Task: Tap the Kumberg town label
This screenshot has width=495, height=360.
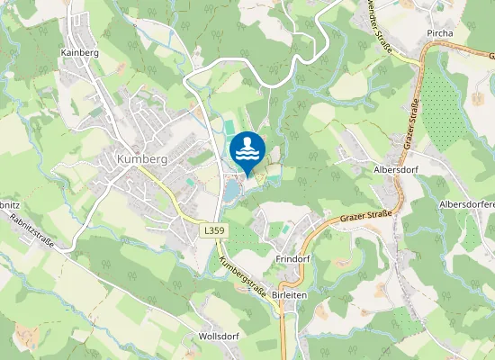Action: (x=142, y=158)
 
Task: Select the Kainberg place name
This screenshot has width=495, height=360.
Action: (x=78, y=53)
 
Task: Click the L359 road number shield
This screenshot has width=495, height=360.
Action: (x=212, y=231)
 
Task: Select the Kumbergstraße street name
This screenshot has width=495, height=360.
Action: (x=246, y=279)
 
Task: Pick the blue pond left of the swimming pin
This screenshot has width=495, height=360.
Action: (x=232, y=190)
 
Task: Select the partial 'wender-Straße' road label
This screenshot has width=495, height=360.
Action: (x=382, y=26)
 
